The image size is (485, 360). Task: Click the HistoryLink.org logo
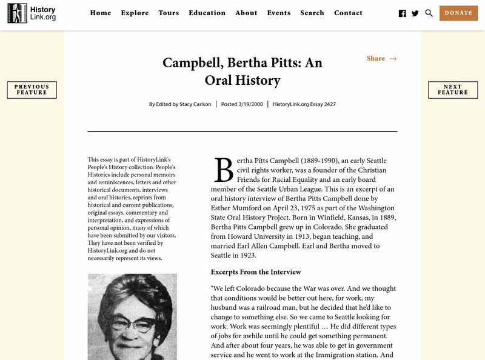[32, 13]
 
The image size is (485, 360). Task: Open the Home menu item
[100, 13]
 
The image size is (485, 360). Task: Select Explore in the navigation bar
[135, 13]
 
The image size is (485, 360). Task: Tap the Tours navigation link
[169, 13]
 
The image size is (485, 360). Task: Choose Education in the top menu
[207, 13]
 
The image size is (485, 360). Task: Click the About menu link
[246, 13]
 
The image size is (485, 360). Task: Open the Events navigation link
[278, 13]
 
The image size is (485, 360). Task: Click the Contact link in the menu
[348, 13]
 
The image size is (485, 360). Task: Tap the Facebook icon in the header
[403, 13]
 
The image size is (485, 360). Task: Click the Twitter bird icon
[415, 13]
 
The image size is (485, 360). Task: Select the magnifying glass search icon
[429, 13]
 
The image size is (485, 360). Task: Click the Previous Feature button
[32, 90]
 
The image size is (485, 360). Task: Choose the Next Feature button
[453, 90]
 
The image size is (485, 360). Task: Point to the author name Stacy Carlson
[195, 104]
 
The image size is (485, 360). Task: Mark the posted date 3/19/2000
[250, 104]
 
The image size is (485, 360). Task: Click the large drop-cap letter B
[223, 170]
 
